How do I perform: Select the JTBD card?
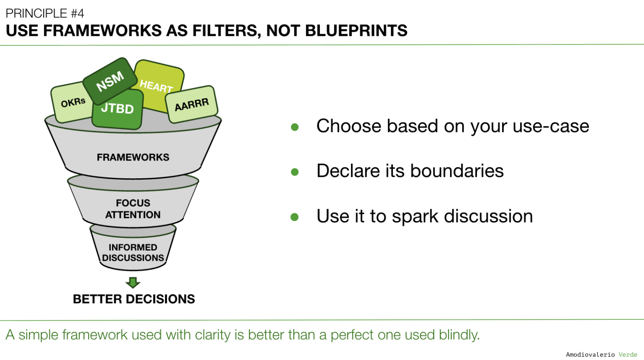pyautogui.click(x=117, y=109)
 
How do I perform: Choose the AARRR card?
pyautogui.click(x=192, y=105)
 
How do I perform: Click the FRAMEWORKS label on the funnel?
pyautogui.click(x=133, y=157)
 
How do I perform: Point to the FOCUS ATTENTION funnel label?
pyautogui.click(x=133, y=209)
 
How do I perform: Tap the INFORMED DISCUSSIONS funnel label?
pyautogui.click(x=133, y=253)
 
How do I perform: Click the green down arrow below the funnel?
pyautogui.click(x=133, y=283)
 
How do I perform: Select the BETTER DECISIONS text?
pyautogui.click(x=134, y=299)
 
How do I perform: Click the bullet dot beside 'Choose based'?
pyautogui.click(x=295, y=127)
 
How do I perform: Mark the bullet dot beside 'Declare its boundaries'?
pyautogui.click(x=295, y=172)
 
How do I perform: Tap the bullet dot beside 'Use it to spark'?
pyautogui.click(x=295, y=217)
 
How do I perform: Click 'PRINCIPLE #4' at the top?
pyautogui.click(x=45, y=13)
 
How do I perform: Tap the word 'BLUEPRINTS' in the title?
pyautogui.click(x=356, y=31)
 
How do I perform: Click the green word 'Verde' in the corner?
pyautogui.click(x=628, y=354)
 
